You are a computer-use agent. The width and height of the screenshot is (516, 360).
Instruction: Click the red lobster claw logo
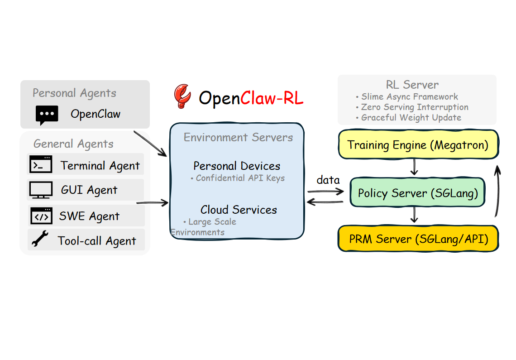point(182,96)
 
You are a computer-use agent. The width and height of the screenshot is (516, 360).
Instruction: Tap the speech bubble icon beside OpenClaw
point(47,115)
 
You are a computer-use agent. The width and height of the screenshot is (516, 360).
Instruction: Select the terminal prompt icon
point(41,165)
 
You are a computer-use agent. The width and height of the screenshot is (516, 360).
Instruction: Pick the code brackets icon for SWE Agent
point(41,216)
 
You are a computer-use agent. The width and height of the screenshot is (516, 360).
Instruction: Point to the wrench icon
point(40,240)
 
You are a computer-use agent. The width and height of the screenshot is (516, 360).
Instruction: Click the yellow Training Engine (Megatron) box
point(418,145)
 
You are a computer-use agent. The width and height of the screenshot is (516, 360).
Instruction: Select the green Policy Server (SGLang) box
point(417,193)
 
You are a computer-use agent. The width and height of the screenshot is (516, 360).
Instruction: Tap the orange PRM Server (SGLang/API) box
point(418,239)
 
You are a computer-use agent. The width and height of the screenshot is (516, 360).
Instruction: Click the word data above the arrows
point(328,180)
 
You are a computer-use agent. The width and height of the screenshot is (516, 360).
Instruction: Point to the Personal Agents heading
point(74,93)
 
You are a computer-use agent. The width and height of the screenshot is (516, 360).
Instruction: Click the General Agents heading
point(73,144)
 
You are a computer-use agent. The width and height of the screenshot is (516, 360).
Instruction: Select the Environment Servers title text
point(238,137)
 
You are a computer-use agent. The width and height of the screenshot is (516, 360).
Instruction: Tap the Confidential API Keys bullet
point(238,178)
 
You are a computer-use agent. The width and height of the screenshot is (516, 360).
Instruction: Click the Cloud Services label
point(239,210)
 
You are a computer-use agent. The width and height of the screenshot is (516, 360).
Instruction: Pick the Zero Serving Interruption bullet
point(412,107)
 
